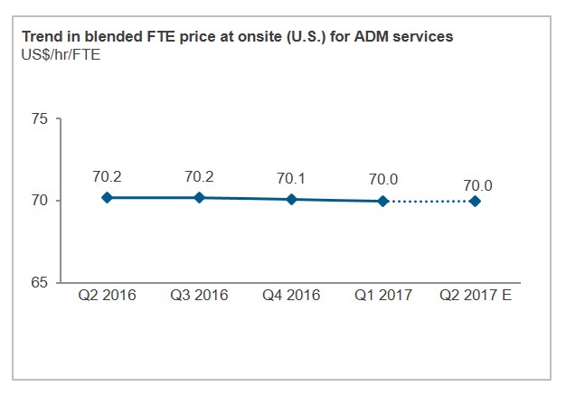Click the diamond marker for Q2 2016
pyautogui.click(x=107, y=197)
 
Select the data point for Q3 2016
pyautogui.click(x=199, y=197)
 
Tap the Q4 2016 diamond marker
pyautogui.click(x=291, y=199)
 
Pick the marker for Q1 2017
pyautogui.click(x=383, y=201)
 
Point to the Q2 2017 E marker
pyautogui.click(x=476, y=201)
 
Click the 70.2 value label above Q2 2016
pyautogui.click(x=107, y=176)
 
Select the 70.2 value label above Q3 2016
pyautogui.click(x=199, y=176)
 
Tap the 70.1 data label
pyautogui.click(x=291, y=178)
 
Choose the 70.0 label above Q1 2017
pyautogui.click(x=383, y=180)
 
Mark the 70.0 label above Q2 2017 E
pyautogui.click(x=476, y=186)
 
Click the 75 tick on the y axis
pyautogui.click(x=41, y=118)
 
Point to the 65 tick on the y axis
pyautogui.click(x=41, y=283)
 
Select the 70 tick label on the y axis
pyautogui.click(x=41, y=201)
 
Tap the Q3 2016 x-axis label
pyautogui.click(x=199, y=296)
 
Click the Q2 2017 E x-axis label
pyautogui.click(x=476, y=296)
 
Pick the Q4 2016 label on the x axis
pyautogui.click(x=291, y=296)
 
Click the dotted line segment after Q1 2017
pyautogui.click(x=429, y=201)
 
